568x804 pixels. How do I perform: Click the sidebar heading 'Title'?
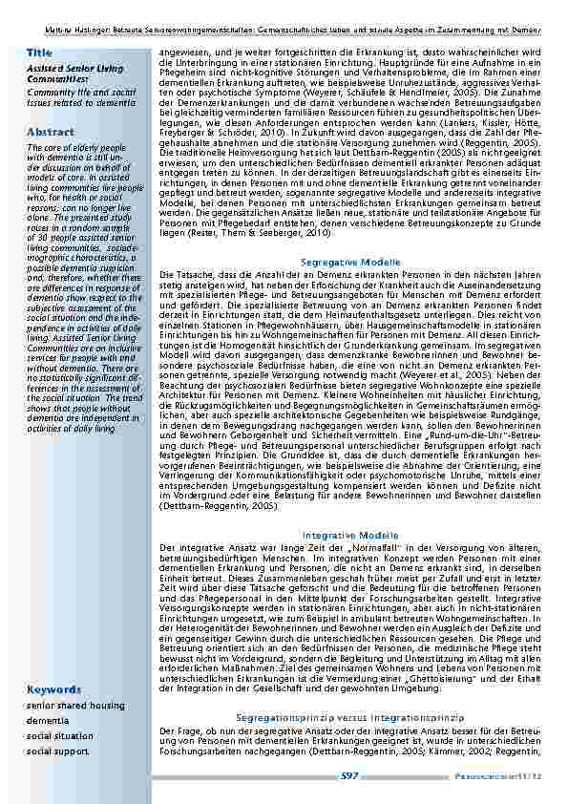[x=40, y=52]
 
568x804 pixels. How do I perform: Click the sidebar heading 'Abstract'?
[x=46, y=132]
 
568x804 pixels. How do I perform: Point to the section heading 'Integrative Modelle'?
[x=350, y=534]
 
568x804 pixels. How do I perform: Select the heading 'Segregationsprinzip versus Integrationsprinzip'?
[x=350, y=742]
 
